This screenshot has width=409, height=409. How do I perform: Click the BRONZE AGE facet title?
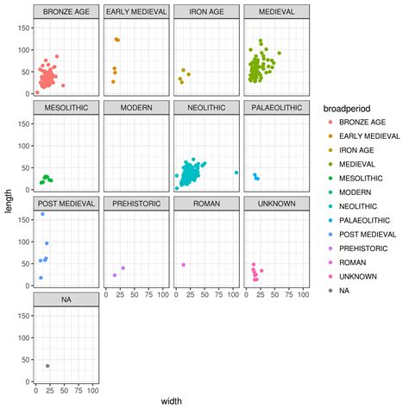click(66, 12)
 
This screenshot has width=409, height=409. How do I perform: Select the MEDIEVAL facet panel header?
click(277, 12)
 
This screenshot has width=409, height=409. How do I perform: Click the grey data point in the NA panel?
click(47, 366)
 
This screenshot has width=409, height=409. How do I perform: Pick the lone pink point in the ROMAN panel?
click(184, 265)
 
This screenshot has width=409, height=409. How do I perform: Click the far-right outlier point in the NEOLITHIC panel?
click(236, 173)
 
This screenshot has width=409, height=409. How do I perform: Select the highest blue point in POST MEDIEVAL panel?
click(42, 213)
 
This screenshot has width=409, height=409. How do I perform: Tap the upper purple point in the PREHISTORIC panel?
click(123, 268)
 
